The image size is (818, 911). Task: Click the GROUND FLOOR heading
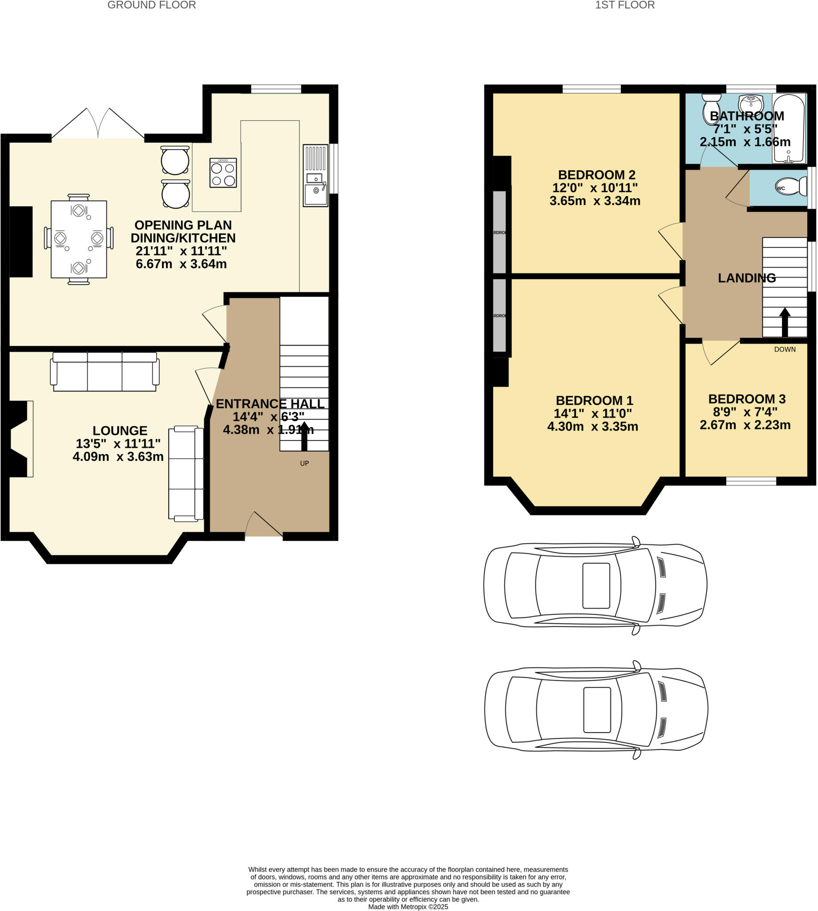151,5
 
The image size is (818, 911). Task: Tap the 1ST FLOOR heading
624,5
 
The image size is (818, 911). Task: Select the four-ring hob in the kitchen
223,173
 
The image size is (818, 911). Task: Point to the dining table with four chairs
79,239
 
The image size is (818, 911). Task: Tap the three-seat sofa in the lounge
105,371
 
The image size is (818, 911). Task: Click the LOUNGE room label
120,431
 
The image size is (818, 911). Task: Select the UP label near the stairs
304,463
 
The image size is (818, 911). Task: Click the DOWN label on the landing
784,350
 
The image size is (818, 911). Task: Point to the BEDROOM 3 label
746,399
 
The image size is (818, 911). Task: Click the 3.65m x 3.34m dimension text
595,201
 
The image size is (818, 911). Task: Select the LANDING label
746,278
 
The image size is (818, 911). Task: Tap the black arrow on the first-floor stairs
785,322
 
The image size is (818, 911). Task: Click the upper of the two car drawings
595,586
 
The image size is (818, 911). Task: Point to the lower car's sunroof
597,710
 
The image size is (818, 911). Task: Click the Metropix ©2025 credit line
408,907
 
